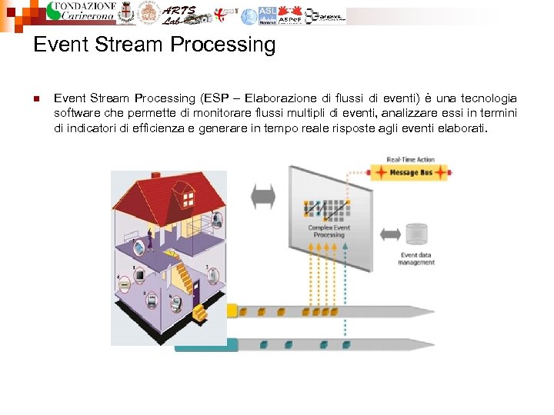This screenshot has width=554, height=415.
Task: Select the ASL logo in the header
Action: pyautogui.click(x=267, y=15)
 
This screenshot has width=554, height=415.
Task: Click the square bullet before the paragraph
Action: pyautogui.click(x=36, y=98)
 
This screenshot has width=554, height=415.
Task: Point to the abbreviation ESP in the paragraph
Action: pyautogui.click(x=215, y=98)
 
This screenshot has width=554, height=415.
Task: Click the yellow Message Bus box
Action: pyautogui.click(x=409, y=174)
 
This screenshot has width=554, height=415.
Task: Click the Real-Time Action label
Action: pyautogui.click(x=410, y=160)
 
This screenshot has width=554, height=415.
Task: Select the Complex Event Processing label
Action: pyautogui.click(x=329, y=231)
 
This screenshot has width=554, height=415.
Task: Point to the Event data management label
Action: pyautogui.click(x=416, y=259)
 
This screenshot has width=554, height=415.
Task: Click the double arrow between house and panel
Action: pyautogui.click(x=263, y=196)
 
